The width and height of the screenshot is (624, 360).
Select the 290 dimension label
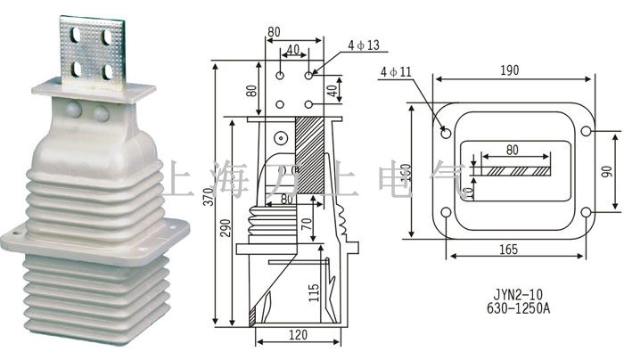coord(224,227)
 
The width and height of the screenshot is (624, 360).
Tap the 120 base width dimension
coord(298,336)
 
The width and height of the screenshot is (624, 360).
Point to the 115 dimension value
coord(314,292)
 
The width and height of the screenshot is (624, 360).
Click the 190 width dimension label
coord(509,70)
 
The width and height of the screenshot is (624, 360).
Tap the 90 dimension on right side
coord(607,170)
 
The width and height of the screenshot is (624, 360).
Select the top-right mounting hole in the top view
coord(586,132)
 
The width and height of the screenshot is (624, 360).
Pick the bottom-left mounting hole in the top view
coord(445,212)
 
